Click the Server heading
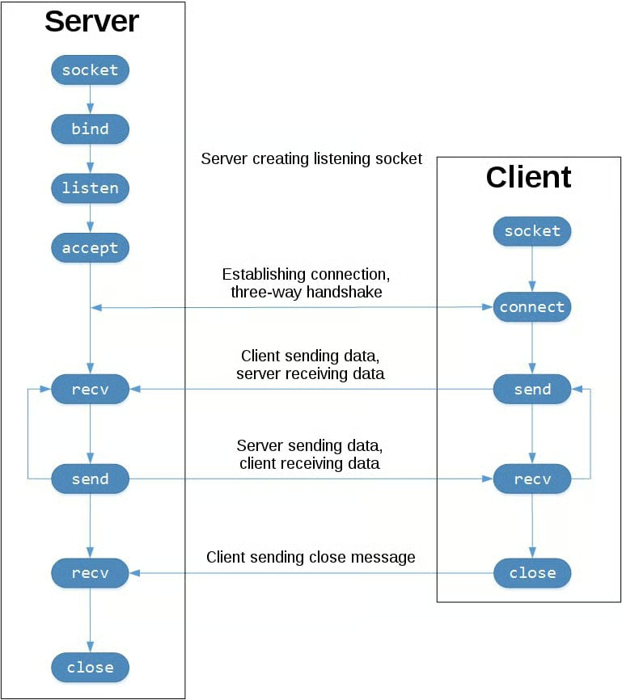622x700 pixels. click(x=91, y=22)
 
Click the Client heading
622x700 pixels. click(x=528, y=177)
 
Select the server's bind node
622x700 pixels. click(x=90, y=129)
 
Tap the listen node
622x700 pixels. click(x=90, y=188)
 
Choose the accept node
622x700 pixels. click(x=90, y=248)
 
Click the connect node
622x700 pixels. click(x=531, y=307)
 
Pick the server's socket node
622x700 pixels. click(x=90, y=70)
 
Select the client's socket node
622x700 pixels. click(x=531, y=231)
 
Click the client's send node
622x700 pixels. click(x=531, y=390)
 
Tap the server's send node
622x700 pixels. click(x=90, y=479)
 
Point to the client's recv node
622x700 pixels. click(x=531, y=479)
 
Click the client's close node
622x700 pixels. click(x=531, y=573)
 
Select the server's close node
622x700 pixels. click(x=90, y=668)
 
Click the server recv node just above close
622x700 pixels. click(x=90, y=573)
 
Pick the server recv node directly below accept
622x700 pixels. click(x=90, y=390)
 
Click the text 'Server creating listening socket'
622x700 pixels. click(x=311, y=159)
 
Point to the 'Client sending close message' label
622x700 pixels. click(x=311, y=557)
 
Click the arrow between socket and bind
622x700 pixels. click(x=90, y=99)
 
